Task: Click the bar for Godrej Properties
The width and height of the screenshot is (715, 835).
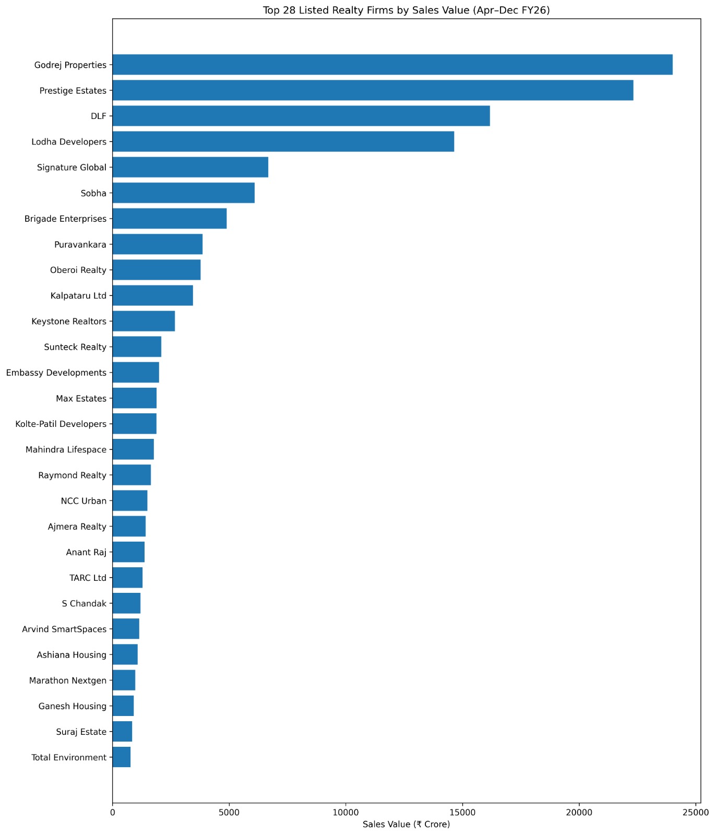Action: click(392, 65)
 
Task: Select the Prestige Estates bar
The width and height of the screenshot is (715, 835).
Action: click(373, 90)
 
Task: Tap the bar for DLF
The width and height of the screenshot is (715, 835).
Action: click(301, 116)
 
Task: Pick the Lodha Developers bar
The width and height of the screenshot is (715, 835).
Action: click(283, 141)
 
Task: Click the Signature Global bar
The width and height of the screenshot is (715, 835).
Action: click(190, 167)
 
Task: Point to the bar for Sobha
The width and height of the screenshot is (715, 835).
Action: click(183, 193)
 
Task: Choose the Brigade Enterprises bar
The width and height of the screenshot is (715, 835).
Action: click(169, 218)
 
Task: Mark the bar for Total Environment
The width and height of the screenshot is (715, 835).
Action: click(121, 757)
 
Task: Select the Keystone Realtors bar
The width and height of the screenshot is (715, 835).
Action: click(144, 321)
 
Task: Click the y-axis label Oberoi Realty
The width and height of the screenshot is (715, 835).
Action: click(78, 270)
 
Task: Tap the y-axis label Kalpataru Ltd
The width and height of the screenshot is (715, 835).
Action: click(78, 295)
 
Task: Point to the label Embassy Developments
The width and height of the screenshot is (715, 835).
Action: click(56, 373)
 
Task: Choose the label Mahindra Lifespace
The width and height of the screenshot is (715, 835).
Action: click(66, 449)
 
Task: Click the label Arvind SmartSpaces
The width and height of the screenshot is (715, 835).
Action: click(64, 629)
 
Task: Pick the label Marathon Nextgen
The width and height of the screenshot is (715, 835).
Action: click(68, 681)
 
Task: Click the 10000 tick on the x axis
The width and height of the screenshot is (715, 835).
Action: click(345, 812)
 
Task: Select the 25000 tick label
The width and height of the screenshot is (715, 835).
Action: click(696, 812)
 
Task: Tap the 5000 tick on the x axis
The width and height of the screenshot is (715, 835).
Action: click(229, 812)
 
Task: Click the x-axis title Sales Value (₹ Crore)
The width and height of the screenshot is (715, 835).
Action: click(406, 825)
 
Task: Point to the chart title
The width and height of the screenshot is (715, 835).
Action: click(406, 10)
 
